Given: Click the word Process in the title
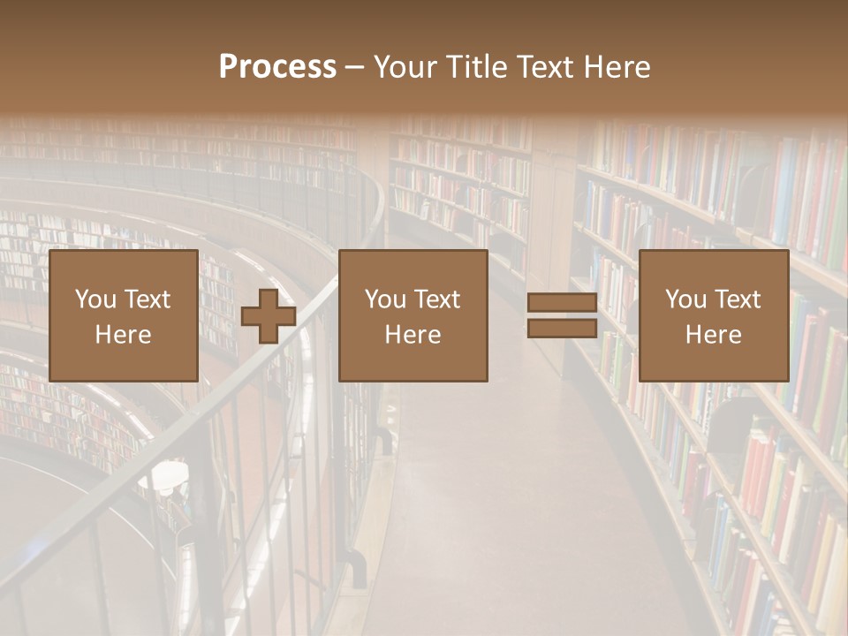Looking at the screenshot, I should pos(277,67).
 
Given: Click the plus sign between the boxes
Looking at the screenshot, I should pos(269,315).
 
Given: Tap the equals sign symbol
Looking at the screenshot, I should pos(562,315).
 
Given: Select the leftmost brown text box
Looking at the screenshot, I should pos(123,315).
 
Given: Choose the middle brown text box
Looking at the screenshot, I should pos(413,315).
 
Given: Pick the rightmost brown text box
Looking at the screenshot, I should pos(713,315).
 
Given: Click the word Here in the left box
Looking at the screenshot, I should pos(123,335).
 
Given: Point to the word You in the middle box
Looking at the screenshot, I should pos(384,299).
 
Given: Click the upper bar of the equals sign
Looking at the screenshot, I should pos(562,303).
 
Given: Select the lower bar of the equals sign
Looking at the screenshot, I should pos(562,329).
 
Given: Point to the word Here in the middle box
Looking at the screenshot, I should pos(413,335).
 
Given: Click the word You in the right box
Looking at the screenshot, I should pos(685,299).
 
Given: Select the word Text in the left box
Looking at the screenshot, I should pos(148,299).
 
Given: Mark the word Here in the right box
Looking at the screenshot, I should pos(713,335).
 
